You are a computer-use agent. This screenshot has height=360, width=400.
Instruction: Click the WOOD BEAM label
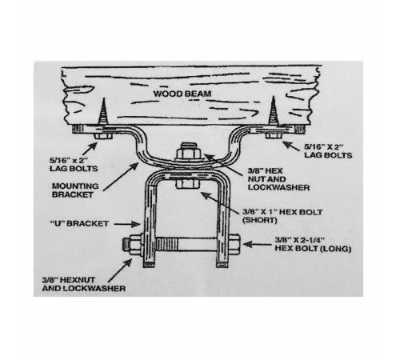[x=182, y=94]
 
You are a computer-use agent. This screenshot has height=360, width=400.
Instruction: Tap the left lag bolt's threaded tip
[x=104, y=98]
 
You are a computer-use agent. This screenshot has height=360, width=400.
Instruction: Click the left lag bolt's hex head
[x=103, y=136]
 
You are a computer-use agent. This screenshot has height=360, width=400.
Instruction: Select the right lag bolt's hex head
[x=274, y=135]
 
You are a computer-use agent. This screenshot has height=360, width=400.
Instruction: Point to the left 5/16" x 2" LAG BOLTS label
[x=74, y=165]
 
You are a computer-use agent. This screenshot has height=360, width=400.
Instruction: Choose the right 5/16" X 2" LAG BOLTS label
[x=328, y=151]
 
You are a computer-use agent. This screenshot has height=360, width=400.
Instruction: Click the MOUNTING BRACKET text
[x=75, y=190]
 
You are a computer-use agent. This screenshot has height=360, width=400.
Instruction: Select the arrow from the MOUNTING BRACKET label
[x=121, y=177]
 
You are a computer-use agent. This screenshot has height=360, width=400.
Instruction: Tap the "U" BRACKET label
[x=79, y=223]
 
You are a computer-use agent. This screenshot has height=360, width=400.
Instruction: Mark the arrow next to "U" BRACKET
[x=127, y=224]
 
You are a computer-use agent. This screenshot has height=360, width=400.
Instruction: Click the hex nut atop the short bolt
[x=188, y=153]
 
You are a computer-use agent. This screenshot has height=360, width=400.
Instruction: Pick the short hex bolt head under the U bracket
[x=187, y=184]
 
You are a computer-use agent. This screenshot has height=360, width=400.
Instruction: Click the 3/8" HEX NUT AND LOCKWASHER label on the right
[x=278, y=179]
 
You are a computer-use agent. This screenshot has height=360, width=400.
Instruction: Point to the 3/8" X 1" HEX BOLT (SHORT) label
[x=282, y=216]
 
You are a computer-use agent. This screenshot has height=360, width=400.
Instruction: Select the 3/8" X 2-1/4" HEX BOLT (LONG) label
[x=313, y=244]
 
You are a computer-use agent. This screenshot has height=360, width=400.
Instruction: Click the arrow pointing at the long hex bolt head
[x=258, y=244]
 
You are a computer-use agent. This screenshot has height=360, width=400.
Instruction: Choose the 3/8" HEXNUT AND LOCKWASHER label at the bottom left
[x=84, y=284]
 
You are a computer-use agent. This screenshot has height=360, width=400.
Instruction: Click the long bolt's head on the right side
[x=234, y=244]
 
